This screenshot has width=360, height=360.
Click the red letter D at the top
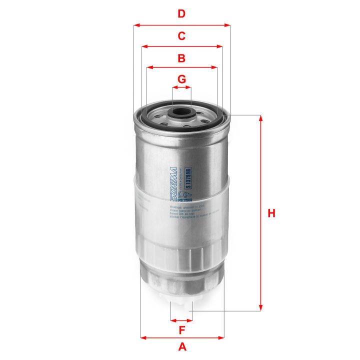pos(182,14)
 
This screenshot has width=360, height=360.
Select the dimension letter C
pos(182,36)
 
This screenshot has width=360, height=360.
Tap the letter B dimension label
pos(182,58)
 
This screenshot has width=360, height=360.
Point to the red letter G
pos(182,79)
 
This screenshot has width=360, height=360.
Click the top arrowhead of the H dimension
pos(260,118)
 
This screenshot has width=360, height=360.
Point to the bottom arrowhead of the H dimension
pos(260,307)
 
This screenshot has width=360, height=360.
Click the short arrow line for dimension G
pos(182,87)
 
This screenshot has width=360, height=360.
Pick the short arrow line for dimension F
pos(181,319)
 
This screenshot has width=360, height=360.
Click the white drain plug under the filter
pos(181,304)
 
